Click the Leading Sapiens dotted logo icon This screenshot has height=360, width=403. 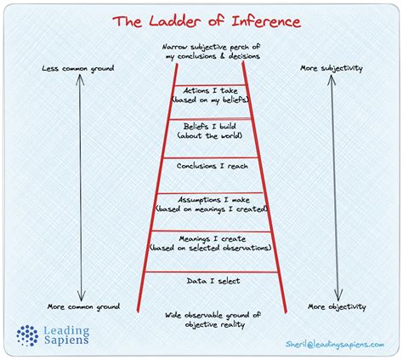28,334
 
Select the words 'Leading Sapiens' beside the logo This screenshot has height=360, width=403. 67,334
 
